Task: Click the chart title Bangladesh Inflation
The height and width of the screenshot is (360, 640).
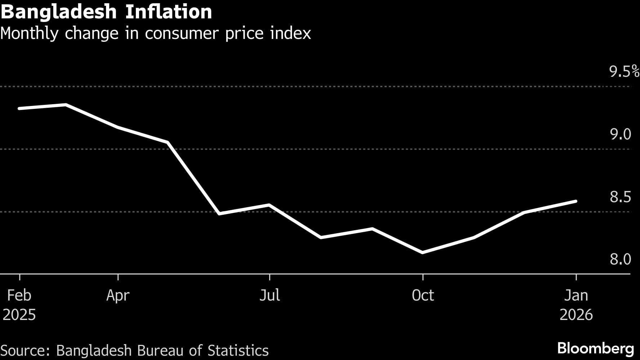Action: click(x=106, y=12)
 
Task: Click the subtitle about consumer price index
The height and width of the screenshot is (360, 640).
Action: click(x=155, y=34)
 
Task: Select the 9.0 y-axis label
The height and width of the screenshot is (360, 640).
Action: click(x=620, y=134)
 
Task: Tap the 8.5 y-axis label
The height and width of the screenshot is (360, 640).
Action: click(x=620, y=197)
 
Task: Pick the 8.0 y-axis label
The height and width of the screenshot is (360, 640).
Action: click(x=620, y=259)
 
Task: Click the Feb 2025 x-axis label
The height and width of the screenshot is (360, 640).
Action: click(x=19, y=305)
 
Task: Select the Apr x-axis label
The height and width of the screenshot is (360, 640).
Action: click(x=118, y=295)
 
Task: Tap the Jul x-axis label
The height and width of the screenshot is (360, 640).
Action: click(x=270, y=295)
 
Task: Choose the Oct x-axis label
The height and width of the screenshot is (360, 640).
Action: click(x=423, y=295)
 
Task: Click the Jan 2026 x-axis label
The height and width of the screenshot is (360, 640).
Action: click(x=576, y=305)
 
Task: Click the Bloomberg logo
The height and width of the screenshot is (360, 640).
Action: click(x=595, y=348)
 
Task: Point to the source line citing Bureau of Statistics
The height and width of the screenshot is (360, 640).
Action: click(x=134, y=351)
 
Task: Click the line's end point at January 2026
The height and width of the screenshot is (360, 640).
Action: click(x=576, y=201)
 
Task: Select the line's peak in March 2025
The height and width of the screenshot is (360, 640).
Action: click(x=66, y=105)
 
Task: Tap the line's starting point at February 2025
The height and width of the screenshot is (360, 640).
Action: click(x=19, y=108)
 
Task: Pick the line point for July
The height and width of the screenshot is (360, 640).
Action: click(x=270, y=205)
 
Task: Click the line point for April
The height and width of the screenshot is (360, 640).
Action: click(x=118, y=127)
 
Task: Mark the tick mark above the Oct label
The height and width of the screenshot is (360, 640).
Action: click(x=423, y=277)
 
